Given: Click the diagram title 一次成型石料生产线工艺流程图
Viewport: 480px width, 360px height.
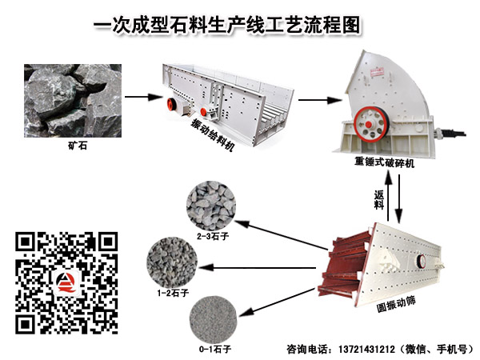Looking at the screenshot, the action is pyautogui.click(x=227, y=25).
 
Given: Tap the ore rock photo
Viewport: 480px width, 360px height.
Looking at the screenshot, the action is pyautogui.click(x=73, y=101).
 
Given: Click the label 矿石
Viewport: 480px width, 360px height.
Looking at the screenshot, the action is pyautogui.click(x=78, y=145).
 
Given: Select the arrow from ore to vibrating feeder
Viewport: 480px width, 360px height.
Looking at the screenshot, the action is pyautogui.click(x=143, y=98).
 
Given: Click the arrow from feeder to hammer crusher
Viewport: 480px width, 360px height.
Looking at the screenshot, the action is pyautogui.click(x=319, y=100).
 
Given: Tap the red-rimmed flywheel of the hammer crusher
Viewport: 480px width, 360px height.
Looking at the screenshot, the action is pyautogui.click(x=370, y=124).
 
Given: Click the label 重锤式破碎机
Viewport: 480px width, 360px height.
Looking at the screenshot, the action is pyautogui.click(x=385, y=162).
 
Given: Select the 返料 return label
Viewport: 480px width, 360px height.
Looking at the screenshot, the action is pyautogui.click(x=379, y=199).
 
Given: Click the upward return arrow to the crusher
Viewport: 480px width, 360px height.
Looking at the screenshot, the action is pyautogui.click(x=389, y=196).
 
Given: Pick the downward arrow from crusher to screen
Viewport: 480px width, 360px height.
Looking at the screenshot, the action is pyautogui.click(x=398, y=199).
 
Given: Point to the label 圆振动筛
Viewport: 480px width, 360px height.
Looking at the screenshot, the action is pyautogui.click(x=396, y=304).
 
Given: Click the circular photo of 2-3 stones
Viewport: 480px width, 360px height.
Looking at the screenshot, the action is pyautogui.click(x=211, y=206).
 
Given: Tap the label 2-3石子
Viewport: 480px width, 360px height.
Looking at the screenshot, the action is pyautogui.click(x=213, y=236).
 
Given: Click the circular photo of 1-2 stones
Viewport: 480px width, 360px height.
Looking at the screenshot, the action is pyautogui.click(x=172, y=262).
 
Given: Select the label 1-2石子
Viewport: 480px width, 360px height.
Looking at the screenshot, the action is pyautogui.click(x=173, y=293).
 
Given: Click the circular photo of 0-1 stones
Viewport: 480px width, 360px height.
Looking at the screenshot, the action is pyautogui.click(x=214, y=319).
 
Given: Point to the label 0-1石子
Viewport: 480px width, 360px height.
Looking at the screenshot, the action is pyautogui.click(x=215, y=349).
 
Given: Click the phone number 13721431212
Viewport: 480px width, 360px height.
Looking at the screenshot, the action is pyautogui.click(x=366, y=350).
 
